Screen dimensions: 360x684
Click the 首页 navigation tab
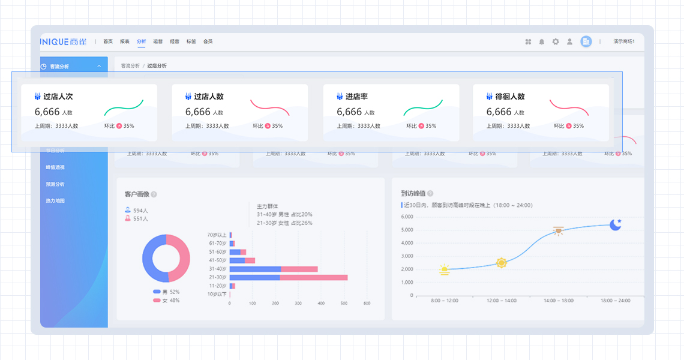tap(108, 41)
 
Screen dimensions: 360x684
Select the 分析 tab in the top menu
tap(141, 41)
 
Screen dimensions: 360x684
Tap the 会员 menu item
tap(208, 41)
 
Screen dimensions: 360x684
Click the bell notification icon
tap(542, 41)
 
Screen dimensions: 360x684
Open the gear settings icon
tap(556, 41)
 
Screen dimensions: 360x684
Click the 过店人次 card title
tap(58, 96)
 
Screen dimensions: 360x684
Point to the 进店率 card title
tap(356, 96)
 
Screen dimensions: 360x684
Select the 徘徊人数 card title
tap(509, 96)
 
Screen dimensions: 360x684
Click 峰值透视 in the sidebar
tap(55, 167)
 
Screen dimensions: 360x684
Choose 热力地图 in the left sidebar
tap(55, 200)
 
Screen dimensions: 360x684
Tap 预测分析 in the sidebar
tap(55, 184)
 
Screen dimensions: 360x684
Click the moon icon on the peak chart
tap(615, 224)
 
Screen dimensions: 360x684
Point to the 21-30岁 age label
tap(217, 277)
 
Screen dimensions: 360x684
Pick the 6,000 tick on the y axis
tap(406, 217)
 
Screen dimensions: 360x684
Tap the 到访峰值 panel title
tap(413, 193)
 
